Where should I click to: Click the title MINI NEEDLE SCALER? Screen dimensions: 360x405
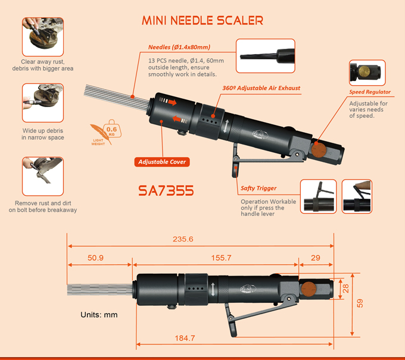point(202,20)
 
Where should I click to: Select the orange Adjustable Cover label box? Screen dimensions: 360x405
point(163,162)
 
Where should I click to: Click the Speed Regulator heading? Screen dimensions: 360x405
point(370,92)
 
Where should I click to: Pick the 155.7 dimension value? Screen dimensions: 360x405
point(213,258)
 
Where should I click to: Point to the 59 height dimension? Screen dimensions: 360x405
point(360,302)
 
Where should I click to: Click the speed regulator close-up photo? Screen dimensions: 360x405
point(367,73)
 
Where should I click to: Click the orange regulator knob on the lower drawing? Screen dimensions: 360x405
point(308,290)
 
